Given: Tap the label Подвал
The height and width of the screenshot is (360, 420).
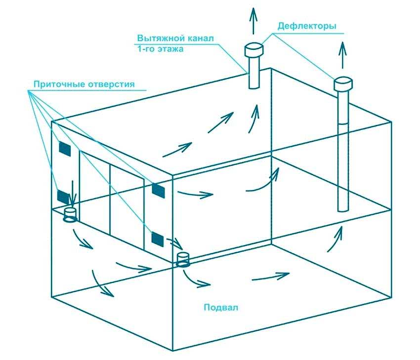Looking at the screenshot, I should point(221,307).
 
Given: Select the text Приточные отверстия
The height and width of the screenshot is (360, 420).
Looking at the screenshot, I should point(84,84).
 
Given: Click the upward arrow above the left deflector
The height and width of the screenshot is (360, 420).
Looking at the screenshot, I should point(254,21).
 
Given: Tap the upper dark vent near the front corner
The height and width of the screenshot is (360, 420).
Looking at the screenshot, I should point(158,190).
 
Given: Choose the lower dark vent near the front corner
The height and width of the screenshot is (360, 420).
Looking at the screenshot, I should point(157,239).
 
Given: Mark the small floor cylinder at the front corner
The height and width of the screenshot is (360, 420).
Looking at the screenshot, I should point(183,259).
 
